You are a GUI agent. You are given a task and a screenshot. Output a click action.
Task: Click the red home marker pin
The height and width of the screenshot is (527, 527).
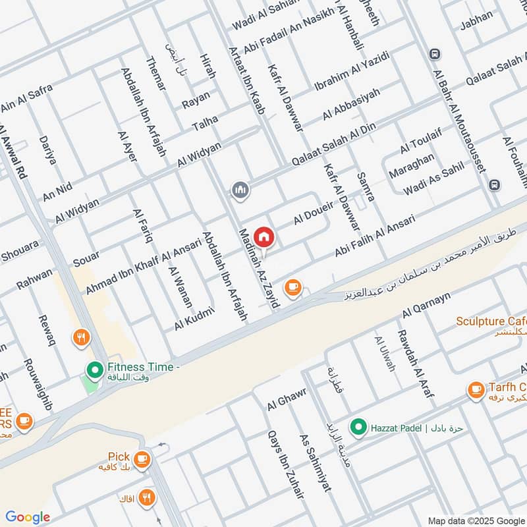pos(263,236)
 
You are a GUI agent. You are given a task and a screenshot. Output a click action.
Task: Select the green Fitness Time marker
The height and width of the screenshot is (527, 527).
pos(94,369)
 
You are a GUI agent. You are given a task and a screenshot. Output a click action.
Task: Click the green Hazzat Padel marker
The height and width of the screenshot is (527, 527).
pos(358,428)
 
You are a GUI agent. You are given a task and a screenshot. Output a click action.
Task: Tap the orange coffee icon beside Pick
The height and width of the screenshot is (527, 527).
pos(141,458)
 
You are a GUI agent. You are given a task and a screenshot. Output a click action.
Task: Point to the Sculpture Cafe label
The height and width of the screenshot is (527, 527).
pos(491,321)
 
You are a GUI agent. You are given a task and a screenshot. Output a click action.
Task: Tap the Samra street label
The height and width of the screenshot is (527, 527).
pos(365,186)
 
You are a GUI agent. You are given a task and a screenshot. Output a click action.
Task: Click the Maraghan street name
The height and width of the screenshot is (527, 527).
pos(412,167)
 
